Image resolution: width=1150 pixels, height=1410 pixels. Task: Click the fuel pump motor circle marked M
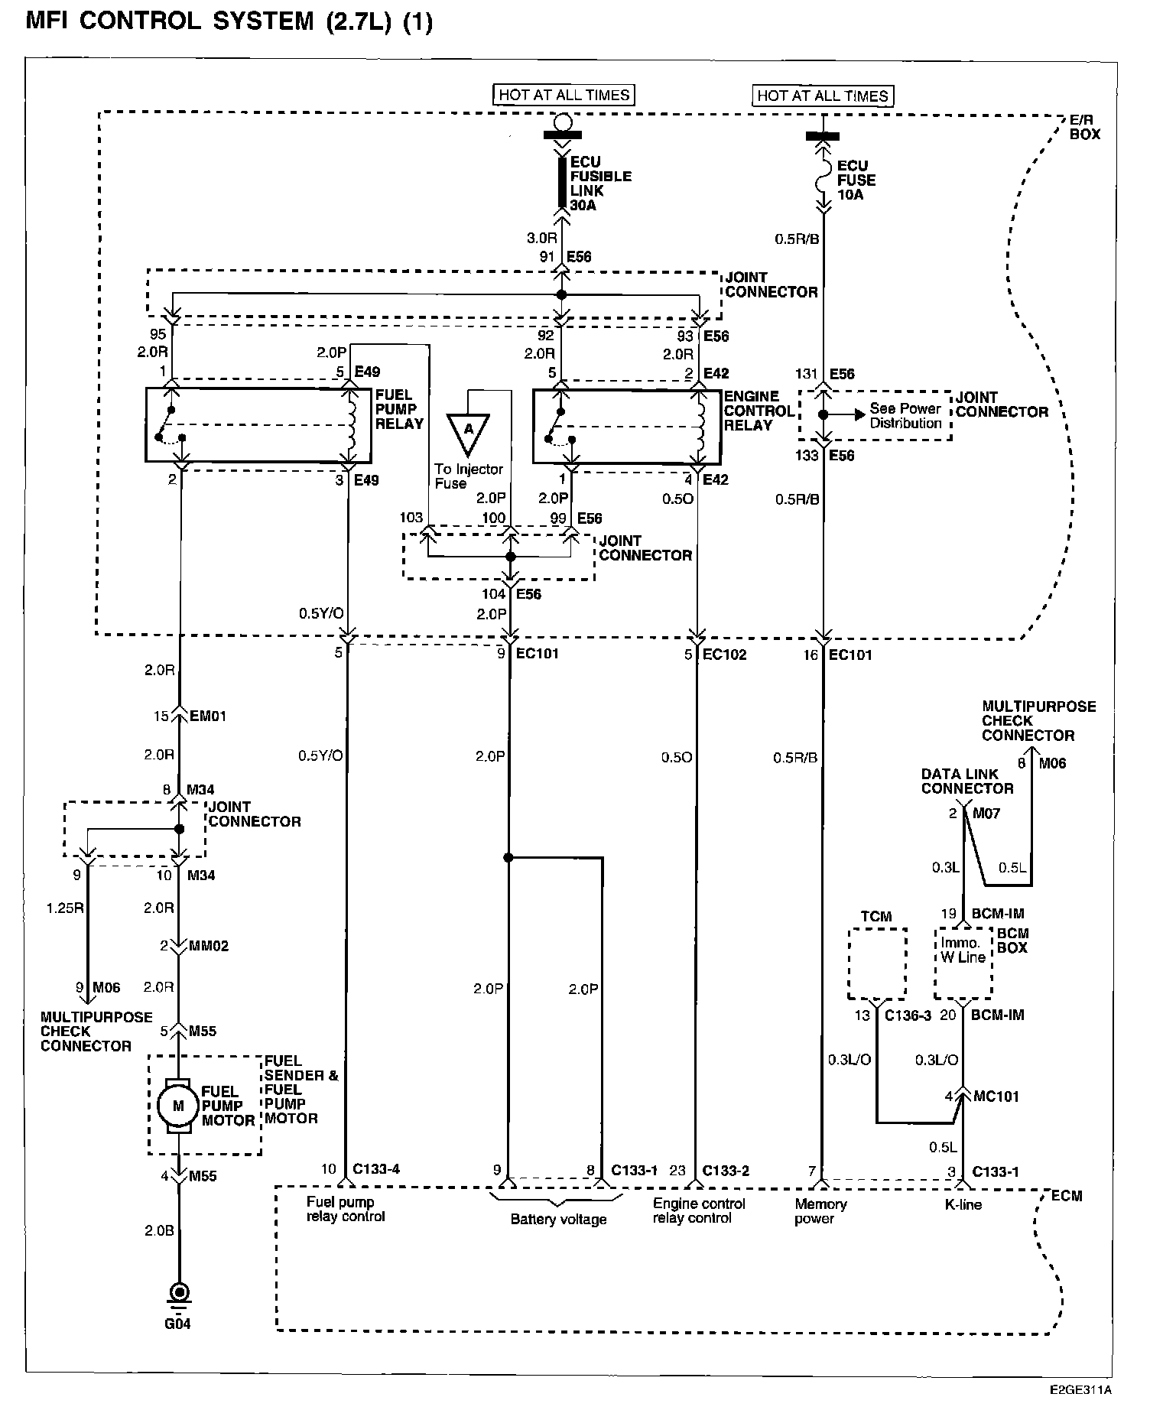click(178, 1105)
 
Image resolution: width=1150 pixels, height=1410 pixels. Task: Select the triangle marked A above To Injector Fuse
click(468, 433)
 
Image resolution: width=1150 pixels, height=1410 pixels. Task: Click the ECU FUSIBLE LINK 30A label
click(601, 184)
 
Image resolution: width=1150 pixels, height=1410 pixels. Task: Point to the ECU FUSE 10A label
click(856, 180)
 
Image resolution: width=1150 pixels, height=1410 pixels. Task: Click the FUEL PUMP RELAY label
click(399, 409)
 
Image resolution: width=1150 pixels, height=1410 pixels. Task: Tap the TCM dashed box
click(878, 963)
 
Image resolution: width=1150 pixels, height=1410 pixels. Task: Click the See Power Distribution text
click(906, 416)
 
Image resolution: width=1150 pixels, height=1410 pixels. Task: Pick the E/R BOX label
click(1084, 127)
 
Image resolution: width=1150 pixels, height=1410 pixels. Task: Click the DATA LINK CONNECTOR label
click(967, 781)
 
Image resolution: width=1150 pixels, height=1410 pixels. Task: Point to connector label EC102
click(724, 655)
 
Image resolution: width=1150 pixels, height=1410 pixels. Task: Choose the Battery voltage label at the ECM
click(558, 1220)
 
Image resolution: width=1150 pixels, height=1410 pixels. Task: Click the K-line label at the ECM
click(963, 1204)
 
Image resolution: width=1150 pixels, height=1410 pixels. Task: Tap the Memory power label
click(820, 1211)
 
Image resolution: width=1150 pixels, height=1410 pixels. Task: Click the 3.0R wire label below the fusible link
click(541, 238)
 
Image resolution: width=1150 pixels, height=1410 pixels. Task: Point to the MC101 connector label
click(997, 1096)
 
